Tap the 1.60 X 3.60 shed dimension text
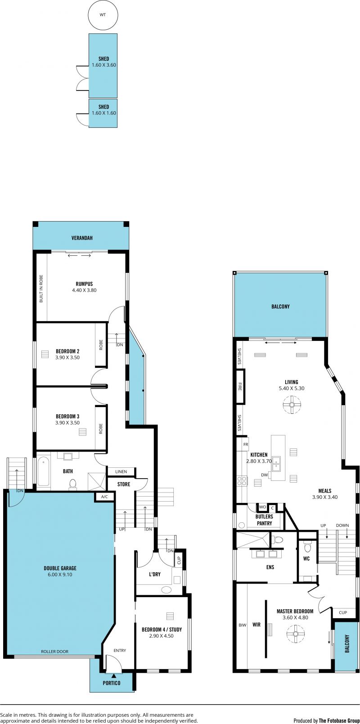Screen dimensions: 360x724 coord(104,65)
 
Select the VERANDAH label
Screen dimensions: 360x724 coord(82,238)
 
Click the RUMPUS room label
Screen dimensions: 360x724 coord(84,284)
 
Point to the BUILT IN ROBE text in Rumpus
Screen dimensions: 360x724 coord(41,289)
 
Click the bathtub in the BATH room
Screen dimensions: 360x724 coord(43,471)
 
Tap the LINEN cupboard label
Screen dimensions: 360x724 coord(121,471)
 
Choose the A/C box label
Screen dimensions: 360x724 coord(104,497)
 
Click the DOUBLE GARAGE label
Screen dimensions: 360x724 coord(60,568)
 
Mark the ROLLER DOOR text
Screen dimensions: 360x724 coord(54,652)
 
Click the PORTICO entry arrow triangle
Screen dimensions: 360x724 coord(113,675)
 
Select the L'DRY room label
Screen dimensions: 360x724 coord(154,575)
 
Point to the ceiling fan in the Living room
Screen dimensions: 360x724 coord(292,405)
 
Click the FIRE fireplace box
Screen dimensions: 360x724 coord(240,387)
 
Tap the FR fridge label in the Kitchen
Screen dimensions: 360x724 coord(246,444)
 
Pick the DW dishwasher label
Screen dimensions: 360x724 coord(264,475)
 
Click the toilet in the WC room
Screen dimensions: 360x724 coord(307,548)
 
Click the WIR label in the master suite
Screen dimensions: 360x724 coord(256,625)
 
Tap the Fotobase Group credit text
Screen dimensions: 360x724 coord(339,721)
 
